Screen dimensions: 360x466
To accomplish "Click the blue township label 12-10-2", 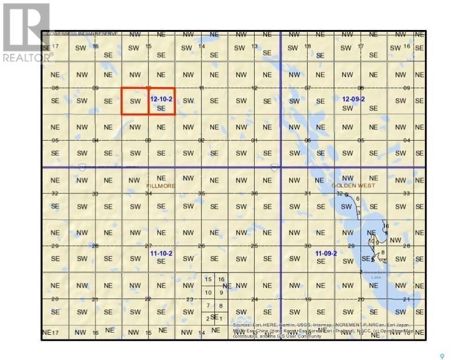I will pos(161,99).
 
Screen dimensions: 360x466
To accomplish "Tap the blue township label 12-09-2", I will pos(353,99).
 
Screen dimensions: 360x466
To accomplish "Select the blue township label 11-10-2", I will pos(161,254).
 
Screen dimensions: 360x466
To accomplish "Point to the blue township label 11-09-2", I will pos(325,254).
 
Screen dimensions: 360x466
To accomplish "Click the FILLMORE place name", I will pos(161,185).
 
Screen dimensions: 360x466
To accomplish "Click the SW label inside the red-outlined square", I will pos(135,101).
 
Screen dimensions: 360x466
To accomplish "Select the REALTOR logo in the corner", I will pos(27,32).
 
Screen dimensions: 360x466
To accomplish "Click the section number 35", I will pos(201,194).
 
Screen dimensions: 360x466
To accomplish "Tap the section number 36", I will pos(254,194).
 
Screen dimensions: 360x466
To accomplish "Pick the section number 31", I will pos(307,194).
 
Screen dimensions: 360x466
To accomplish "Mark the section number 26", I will pos(201,246).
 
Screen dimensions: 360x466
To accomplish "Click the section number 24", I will pos(254,299).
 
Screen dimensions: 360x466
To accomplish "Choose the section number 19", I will pos(307,299).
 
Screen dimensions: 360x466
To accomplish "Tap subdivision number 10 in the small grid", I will pos(208,292).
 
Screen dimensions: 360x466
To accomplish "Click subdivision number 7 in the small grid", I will pos(208,305).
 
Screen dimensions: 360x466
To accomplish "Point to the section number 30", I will pos(307,246).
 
